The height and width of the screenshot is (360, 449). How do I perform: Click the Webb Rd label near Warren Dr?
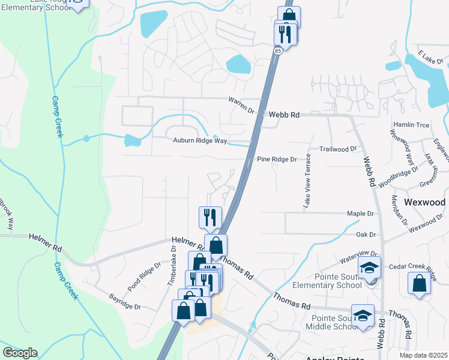coord(284,114)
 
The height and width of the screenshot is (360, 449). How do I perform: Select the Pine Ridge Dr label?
coord(277,159)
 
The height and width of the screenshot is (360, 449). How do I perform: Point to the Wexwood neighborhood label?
coord(425,202)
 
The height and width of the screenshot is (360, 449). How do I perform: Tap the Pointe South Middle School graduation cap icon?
coord(363,316)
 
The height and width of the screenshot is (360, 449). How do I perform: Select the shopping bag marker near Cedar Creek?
coord(418,283)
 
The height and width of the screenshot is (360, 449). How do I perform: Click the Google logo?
coord(20,353)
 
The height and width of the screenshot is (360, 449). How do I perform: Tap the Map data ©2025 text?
coord(423,355)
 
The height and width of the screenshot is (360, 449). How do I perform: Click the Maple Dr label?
coord(360,213)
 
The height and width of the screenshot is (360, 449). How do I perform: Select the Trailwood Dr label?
coord(338,148)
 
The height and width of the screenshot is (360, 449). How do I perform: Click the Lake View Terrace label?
coord(307,181)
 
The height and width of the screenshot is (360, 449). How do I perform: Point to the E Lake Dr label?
coord(430,62)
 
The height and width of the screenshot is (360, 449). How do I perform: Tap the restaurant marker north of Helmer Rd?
coord(210,217)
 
